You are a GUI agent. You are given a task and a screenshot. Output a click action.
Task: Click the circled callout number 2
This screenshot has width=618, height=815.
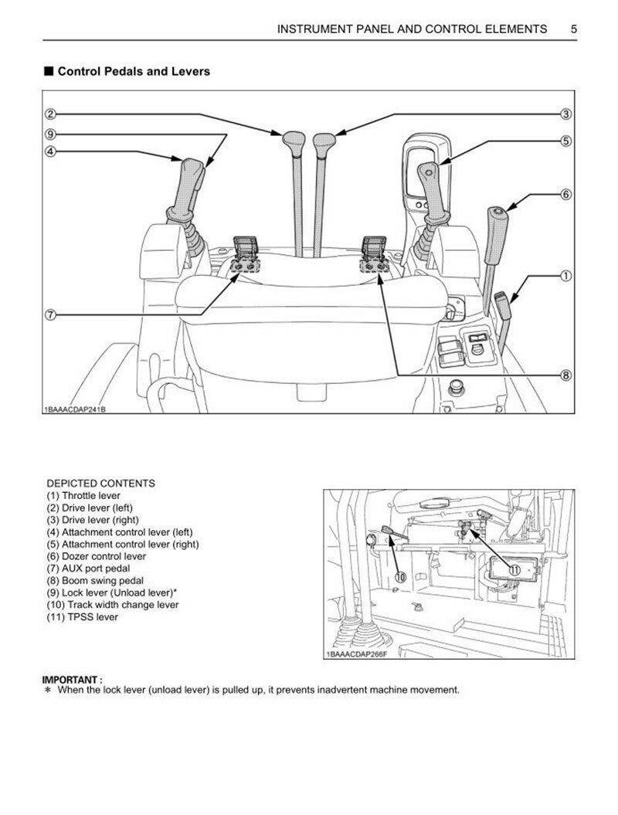50,114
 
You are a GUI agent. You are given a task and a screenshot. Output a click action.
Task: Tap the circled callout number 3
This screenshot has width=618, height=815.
565,114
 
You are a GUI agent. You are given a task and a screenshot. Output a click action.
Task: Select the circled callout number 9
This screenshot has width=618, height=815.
50,133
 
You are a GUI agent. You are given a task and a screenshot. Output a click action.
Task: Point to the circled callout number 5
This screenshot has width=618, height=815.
565,141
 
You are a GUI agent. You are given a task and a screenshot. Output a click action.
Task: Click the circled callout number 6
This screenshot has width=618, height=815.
565,195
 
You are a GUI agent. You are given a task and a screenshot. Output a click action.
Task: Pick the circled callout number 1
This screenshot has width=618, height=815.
565,275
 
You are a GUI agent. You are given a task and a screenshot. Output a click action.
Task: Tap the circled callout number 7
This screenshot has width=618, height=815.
50,315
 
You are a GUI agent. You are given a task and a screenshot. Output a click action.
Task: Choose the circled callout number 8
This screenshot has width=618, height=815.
565,375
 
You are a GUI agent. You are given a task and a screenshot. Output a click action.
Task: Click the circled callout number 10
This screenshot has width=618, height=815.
399,576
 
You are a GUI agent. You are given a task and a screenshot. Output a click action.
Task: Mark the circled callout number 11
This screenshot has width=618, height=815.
514,569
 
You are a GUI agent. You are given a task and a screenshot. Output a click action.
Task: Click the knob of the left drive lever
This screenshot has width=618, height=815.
294,141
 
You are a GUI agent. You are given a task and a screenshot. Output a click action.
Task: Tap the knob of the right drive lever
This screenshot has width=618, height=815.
325,141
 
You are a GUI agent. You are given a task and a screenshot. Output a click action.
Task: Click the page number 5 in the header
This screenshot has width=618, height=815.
573,29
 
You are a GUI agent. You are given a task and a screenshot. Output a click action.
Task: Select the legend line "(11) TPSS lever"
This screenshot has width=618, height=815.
83,617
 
